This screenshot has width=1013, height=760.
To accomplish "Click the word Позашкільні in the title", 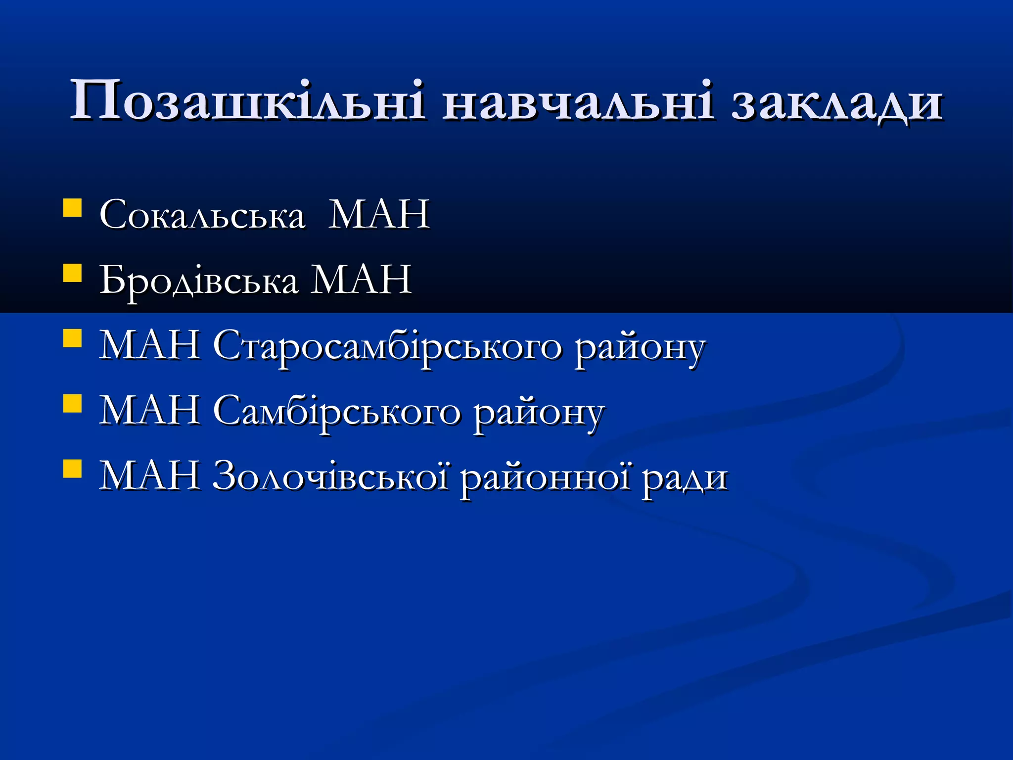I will (x=247, y=101).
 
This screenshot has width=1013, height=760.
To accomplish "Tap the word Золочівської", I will (x=331, y=476).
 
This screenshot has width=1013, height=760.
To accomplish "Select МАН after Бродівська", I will (x=361, y=280).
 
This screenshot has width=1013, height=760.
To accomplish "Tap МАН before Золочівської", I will (x=149, y=475).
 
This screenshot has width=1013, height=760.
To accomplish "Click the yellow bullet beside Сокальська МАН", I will (x=72, y=208).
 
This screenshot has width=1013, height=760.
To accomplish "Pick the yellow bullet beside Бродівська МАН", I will (x=72, y=273).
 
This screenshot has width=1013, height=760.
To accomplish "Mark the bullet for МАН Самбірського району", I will (x=72, y=404).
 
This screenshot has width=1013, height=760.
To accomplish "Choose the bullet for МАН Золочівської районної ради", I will (x=72, y=469).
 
